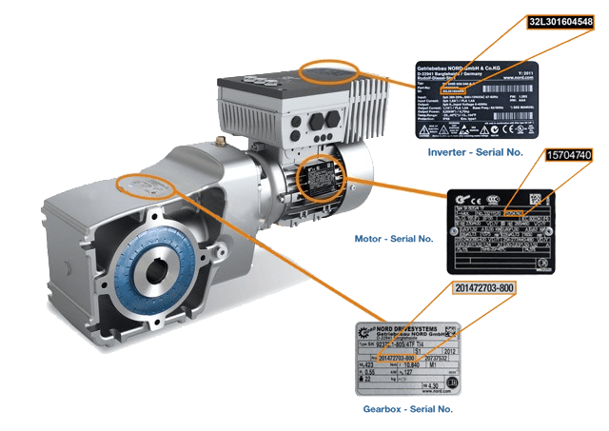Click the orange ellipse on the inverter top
[x=329, y=72]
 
